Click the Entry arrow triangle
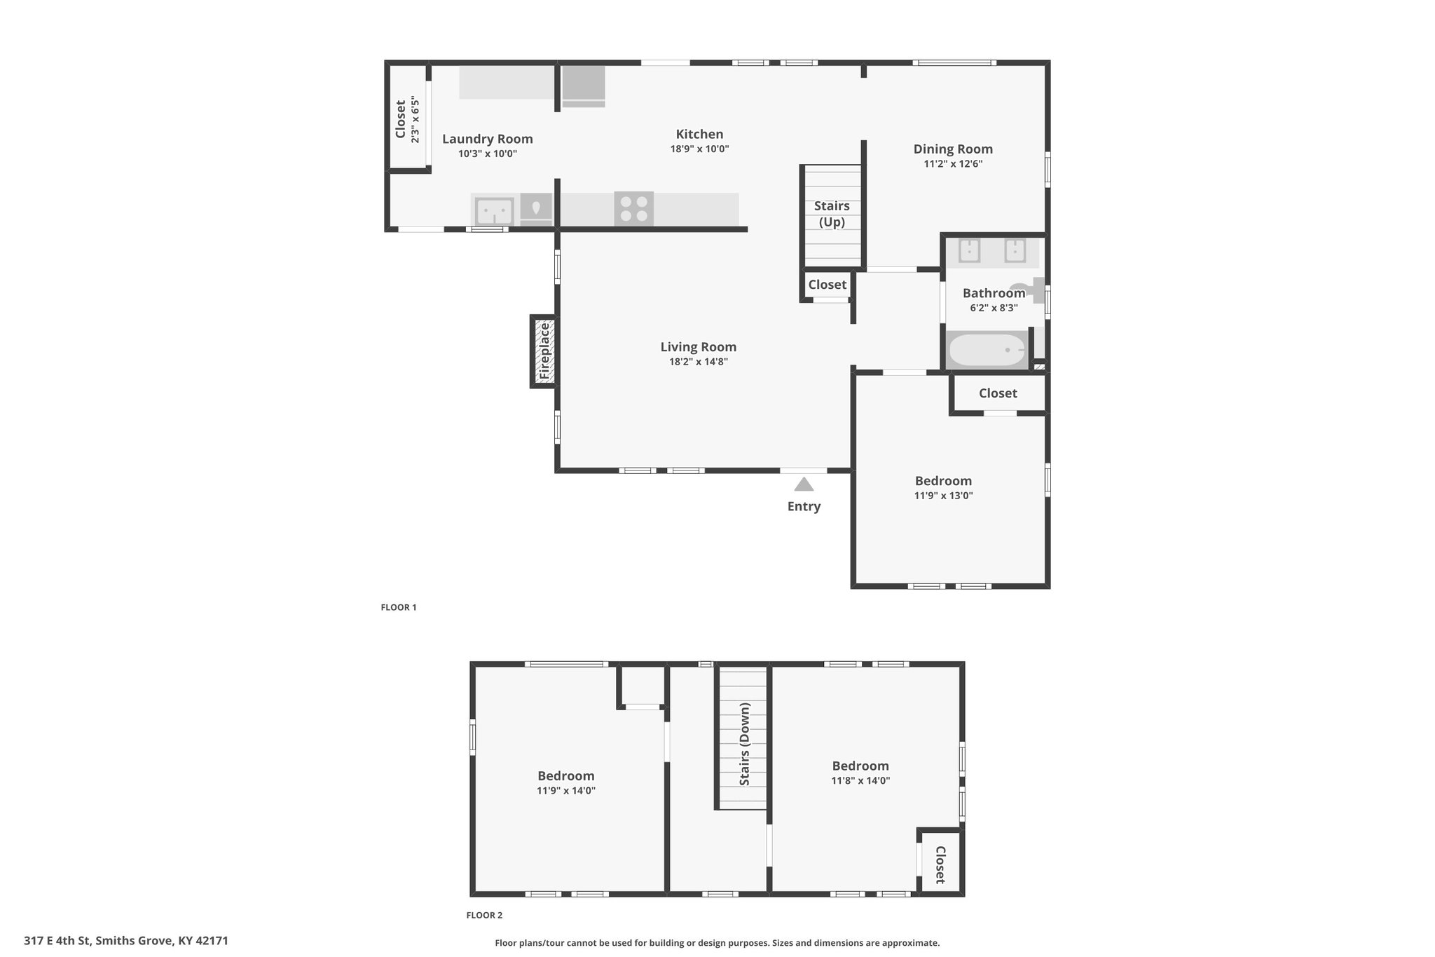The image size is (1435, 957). [x=804, y=484]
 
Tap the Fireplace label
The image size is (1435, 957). [x=544, y=351]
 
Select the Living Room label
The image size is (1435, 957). [x=699, y=347]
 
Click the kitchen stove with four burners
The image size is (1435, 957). [x=634, y=209]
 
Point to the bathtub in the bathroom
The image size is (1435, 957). [x=987, y=350]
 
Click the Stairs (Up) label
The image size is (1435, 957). [x=832, y=214]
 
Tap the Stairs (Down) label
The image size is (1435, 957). [x=744, y=744]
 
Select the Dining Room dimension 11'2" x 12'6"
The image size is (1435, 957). [x=953, y=164]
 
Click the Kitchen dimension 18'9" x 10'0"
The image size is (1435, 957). [x=699, y=149]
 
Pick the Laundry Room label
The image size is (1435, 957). [x=488, y=139]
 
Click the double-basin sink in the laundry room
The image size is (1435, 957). [x=494, y=211]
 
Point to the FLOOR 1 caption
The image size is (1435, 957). [x=399, y=607]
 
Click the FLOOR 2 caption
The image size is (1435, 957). [x=484, y=915]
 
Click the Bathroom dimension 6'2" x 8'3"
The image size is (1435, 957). [x=994, y=308]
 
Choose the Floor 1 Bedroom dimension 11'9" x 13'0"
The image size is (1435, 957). [x=943, y=496]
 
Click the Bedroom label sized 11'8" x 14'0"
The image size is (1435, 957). [x=860, y=766]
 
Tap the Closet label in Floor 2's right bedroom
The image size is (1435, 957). [x=940, y=865]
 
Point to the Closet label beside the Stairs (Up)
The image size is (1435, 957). [x=828, y=285]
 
